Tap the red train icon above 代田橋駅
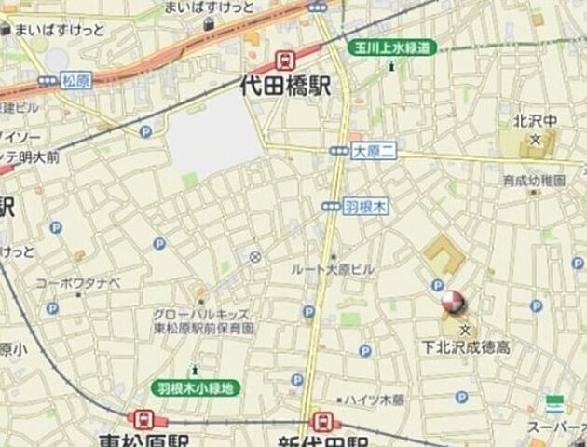click(x=285, y=61)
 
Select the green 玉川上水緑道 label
click(x=391, y=47)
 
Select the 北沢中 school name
click(x=535, y=121)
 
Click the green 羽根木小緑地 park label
click(x=196, y=387)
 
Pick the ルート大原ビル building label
click(x=333, y=269)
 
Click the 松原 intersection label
click(x=74, y=81)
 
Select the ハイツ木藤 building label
click(x=374, y=400)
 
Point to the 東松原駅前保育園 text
click(x=204, y=328)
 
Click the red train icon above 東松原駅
click(x=143, y=420)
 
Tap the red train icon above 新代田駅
click(x=321, y=421)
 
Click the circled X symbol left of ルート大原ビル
click(x=255, y=256)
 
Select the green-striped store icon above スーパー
click(x=555, y=404)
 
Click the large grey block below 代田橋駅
click(x=214, y=138)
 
